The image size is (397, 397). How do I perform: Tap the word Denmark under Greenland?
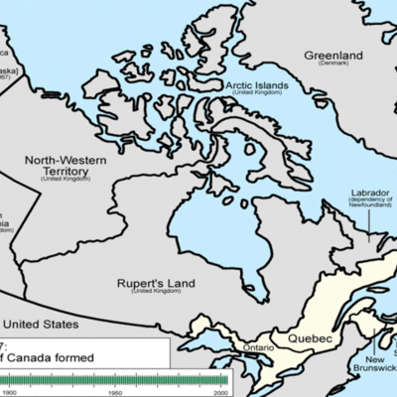pos(333,66)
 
